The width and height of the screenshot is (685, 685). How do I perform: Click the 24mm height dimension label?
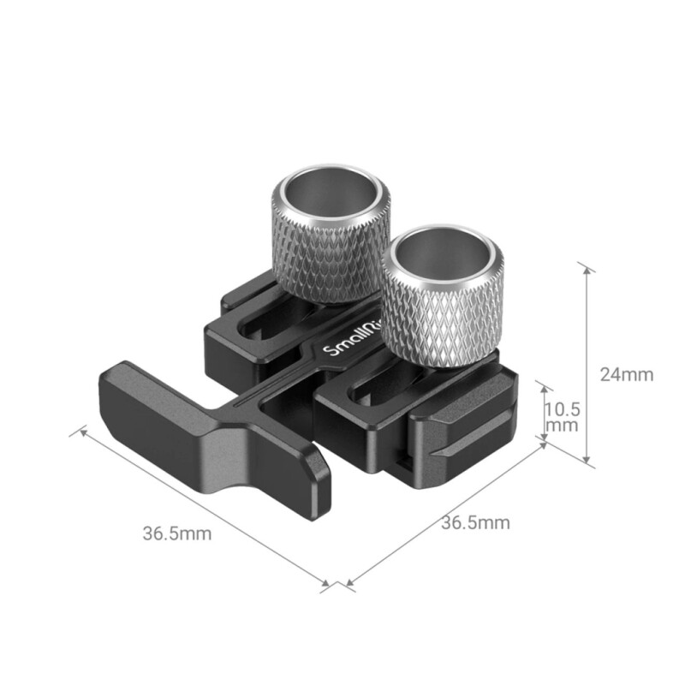point(626,374)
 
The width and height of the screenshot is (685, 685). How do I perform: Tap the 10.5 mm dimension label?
point(561,415)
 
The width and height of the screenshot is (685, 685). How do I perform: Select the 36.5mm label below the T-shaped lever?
point(176,533)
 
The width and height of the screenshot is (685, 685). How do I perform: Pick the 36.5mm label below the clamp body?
point(475,522)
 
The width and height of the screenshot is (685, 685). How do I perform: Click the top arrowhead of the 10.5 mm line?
point(545,388)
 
